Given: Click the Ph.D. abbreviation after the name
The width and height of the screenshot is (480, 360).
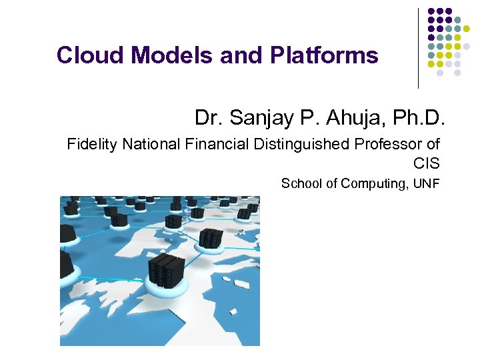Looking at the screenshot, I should (420, 118).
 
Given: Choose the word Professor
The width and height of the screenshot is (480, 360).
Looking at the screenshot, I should (390, 144).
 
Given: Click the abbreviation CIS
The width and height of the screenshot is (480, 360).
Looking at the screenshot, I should (426, 163).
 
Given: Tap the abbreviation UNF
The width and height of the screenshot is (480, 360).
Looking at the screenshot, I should (426, 183).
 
